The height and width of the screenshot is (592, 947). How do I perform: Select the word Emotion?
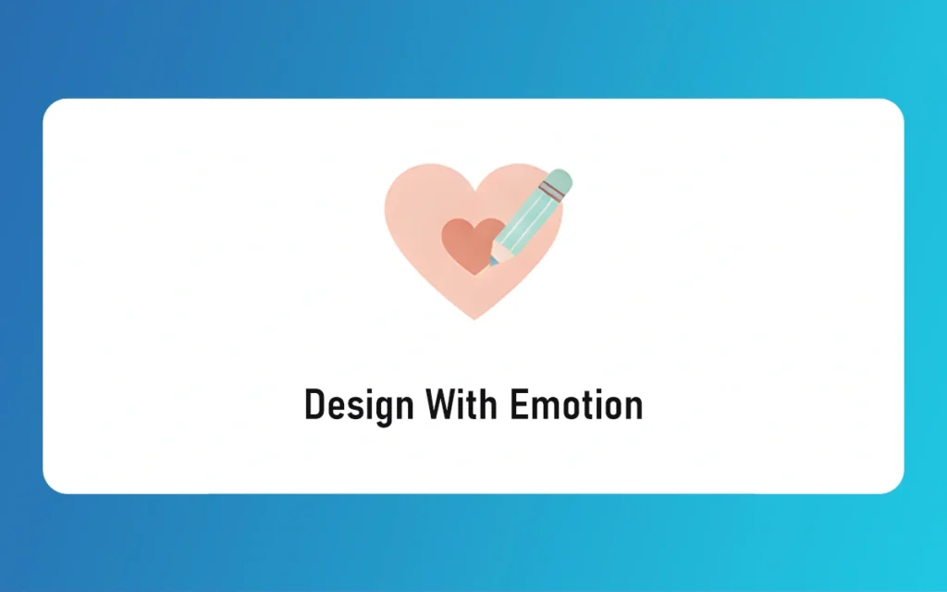tap(576, 405)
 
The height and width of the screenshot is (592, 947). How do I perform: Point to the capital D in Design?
tap(314, 405)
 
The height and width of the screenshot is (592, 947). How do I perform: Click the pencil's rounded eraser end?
tap(560, 179)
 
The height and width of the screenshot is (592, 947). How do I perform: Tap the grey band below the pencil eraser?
tap(550, 191)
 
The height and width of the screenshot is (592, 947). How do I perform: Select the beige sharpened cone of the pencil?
tap(499, 251)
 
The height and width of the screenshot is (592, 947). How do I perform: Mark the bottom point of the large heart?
tap(473, 318)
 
